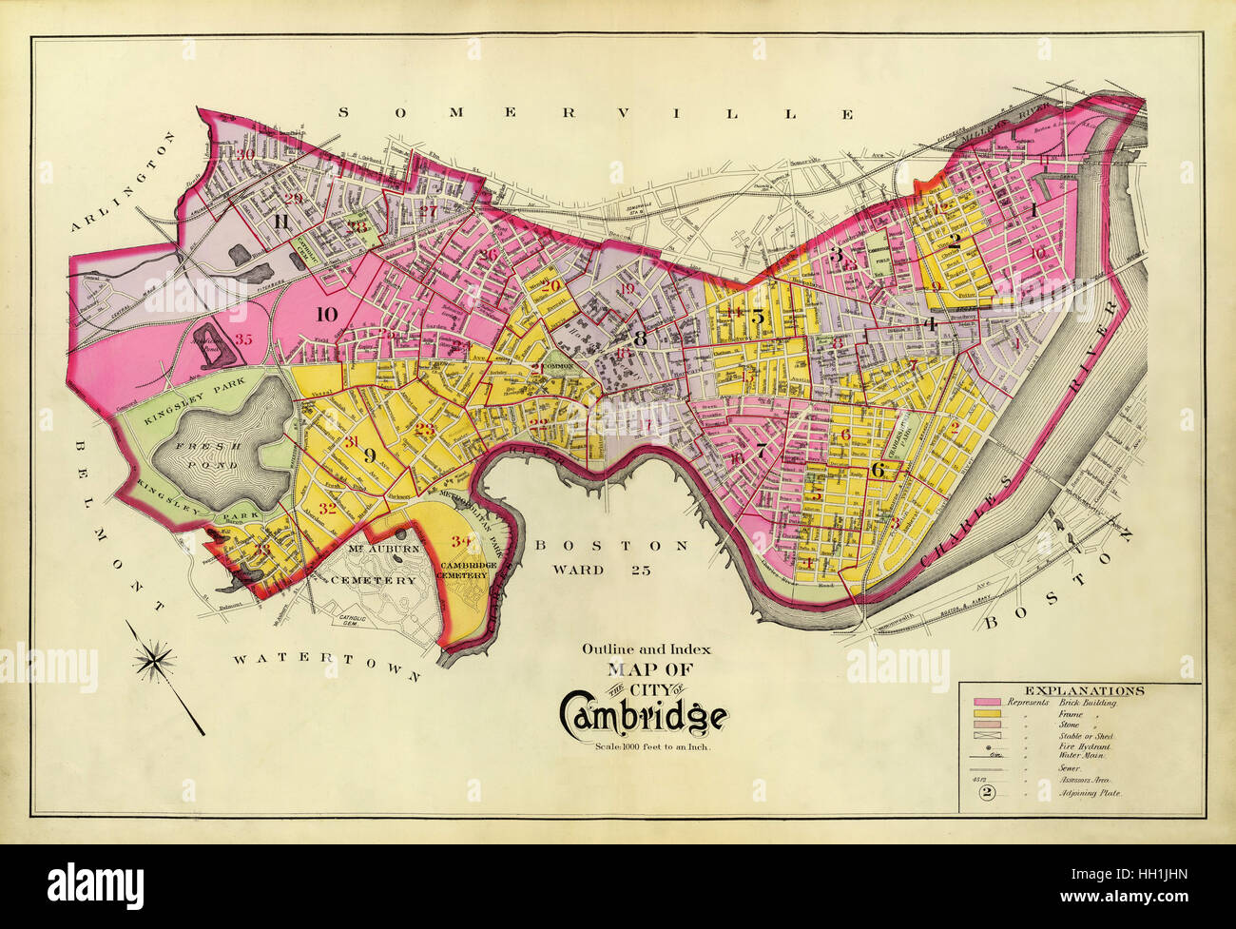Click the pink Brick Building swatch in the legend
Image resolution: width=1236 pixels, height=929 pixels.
tap(986, 703)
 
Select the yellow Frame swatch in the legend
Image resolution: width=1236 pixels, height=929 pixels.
tap(986, 714)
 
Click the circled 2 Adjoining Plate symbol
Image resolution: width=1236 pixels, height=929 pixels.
tap(986, 792)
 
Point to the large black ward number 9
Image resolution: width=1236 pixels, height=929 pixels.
tap(369, 454)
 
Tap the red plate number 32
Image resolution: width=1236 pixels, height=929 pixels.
tap(328, 508)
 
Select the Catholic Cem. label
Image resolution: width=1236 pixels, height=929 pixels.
tap(348, 620)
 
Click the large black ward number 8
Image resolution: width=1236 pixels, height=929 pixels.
tap(639, 337)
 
